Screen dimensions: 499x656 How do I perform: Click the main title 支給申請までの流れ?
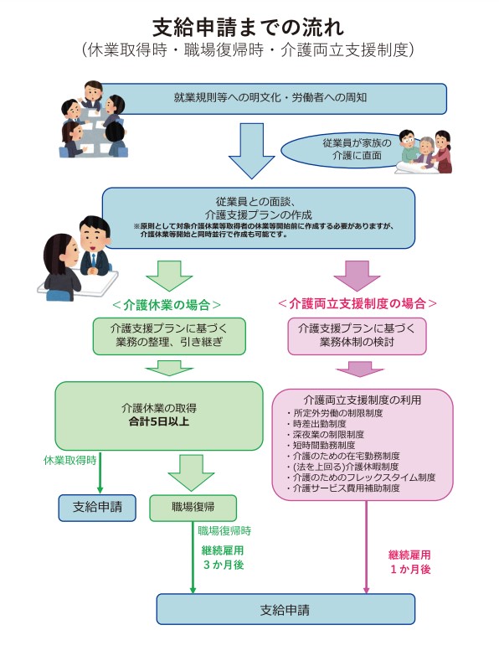click(249, 28)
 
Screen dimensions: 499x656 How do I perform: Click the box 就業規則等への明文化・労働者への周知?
click(271, 98)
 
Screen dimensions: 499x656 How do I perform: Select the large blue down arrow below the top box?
click(251, 151)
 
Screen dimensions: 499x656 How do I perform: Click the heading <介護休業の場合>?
click(167, 305)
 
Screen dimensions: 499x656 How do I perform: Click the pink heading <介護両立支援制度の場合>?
click(358, 303)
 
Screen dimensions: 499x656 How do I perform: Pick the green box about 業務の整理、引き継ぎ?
click(169, 336)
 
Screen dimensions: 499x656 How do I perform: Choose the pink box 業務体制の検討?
click(357, 336)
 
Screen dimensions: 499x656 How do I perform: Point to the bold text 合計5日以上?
click(159, 421)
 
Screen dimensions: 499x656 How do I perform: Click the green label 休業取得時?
click(69, 460)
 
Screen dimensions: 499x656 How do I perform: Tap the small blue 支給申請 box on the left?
click(97, 508)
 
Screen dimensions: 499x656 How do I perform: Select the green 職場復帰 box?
click(193, 508)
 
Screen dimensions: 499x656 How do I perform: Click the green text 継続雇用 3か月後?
click(224, 558)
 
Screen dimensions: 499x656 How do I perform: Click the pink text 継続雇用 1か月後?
click(409, 562)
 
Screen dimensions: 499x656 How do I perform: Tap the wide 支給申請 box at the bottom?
click(286, 609)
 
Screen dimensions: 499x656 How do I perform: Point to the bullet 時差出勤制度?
click(316, 424)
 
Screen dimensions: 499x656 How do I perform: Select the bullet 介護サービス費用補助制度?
click(343, 488)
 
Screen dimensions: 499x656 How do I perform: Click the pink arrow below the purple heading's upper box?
click(360, 369)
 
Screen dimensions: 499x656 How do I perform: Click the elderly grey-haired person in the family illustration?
click(425, 153)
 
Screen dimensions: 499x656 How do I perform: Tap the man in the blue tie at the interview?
click(95, 247)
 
